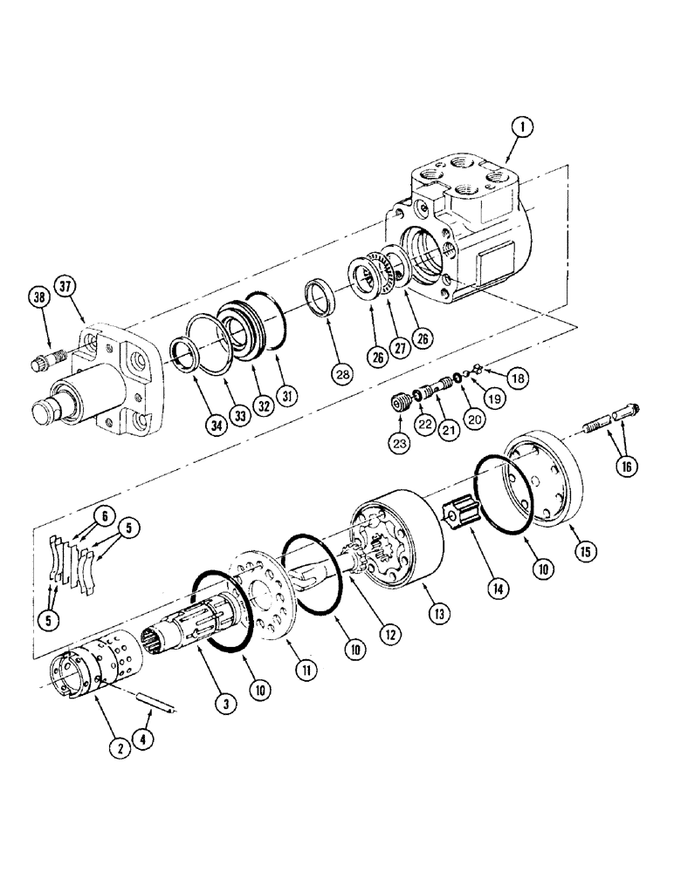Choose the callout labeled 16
625,467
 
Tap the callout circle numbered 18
519,378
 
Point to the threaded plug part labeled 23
402,405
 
